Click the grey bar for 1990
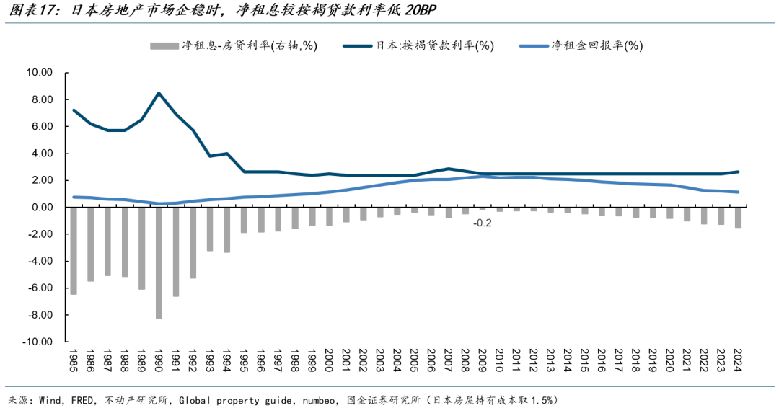(159, 262)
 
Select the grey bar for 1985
(74, 250)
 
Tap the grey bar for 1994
(226, 229)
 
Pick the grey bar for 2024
(737, 217)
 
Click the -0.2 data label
(483, 223)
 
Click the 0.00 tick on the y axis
(41, 208)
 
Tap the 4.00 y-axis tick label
(41, 154)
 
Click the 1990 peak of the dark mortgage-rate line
(159, 93)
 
